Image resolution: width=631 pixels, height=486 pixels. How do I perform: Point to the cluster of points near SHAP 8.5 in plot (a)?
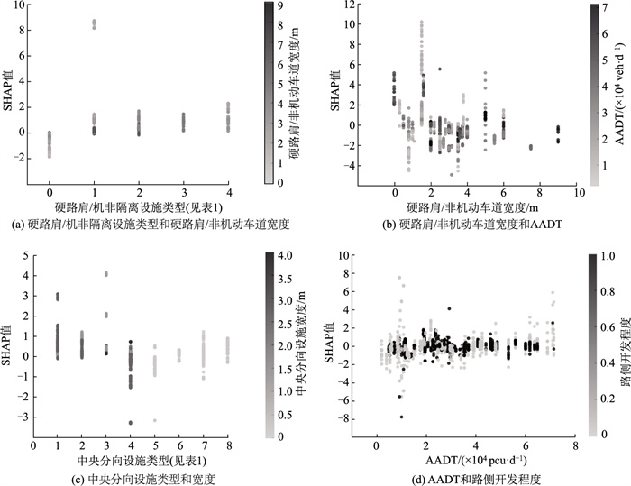click(x=94, y=23)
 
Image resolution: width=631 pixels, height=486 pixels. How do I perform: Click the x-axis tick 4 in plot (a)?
click(x=229, y=193)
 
